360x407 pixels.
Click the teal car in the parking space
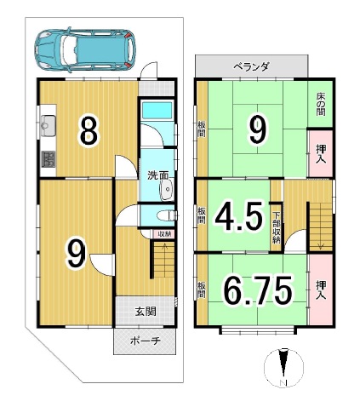pos(85,50)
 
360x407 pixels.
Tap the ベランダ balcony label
pos(251,67)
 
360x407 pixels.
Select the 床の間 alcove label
pos(321,105)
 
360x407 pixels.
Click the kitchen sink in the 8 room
pos(49,126)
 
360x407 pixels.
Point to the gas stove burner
pos(49,159)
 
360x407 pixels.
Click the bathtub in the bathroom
pos(157,111)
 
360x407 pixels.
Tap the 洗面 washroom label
pos(157,175)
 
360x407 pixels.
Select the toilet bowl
pos(167,215)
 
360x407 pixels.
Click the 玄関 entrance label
pos(146,312)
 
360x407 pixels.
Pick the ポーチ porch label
pos(146,341)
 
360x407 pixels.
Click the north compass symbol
pos(283,368)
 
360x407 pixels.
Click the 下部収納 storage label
pos(277,227)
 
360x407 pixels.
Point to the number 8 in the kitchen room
pos(89,131)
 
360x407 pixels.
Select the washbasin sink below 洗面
pos(167,190)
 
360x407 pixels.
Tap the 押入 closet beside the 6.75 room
pos(321,289)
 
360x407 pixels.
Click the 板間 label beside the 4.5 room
pos(202,215)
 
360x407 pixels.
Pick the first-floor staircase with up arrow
pos(164,259)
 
